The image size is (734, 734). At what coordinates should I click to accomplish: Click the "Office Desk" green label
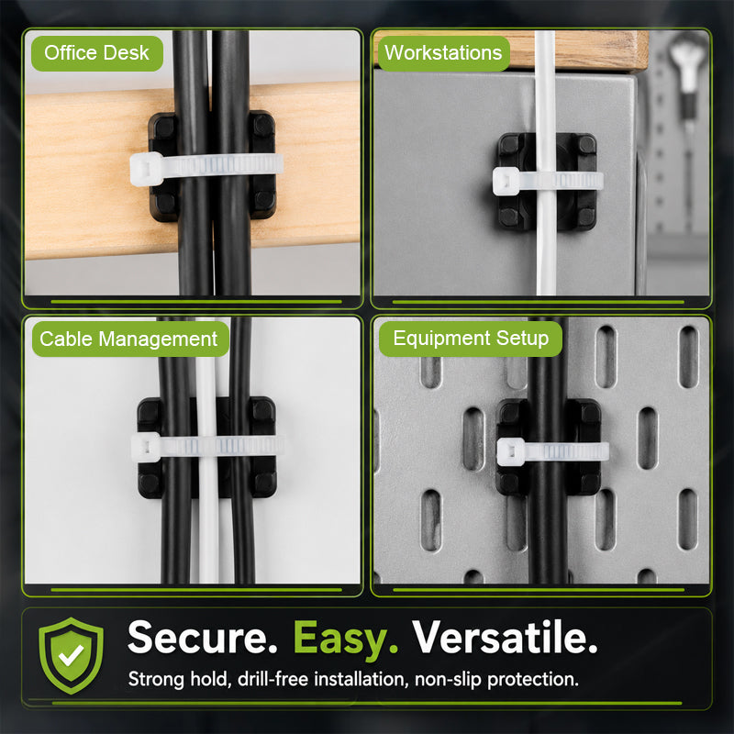pos(97,53)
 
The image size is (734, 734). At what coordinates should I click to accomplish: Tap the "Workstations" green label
pos(443,53)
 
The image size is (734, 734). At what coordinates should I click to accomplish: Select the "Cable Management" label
pos(130,339)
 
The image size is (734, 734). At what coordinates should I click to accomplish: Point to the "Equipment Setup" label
pos(471,339)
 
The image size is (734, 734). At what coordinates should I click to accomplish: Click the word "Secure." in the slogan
pos(202,637)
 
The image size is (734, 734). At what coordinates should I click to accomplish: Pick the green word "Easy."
pos(346,639)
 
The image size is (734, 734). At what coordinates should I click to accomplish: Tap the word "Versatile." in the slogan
pos(505,637)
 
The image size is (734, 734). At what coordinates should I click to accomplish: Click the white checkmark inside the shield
pos(71,655)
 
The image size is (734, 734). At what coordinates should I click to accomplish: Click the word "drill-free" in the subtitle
pos(272,679)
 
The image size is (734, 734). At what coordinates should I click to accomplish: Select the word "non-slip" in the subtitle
pos(448,680)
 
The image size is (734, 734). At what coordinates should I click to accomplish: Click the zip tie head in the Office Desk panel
pos(146,169)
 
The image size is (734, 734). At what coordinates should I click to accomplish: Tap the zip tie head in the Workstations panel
pos(506,181)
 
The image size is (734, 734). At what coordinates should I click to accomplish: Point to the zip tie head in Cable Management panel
pos(146,447)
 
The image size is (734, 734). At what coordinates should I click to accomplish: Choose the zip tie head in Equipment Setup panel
pos(511,451)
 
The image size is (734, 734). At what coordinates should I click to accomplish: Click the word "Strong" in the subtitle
pos(156,680)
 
